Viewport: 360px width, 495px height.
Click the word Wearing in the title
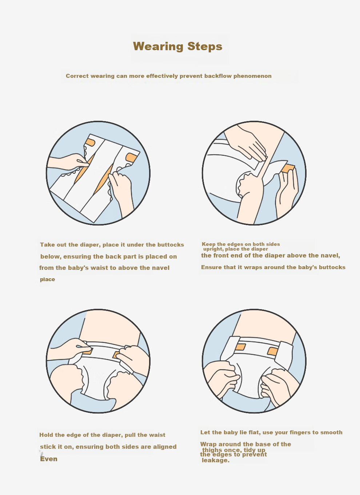[158, 47]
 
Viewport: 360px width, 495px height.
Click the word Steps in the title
[205, 46]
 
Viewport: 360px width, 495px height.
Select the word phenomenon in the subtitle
[252, 76]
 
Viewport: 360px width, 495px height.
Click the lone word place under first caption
[48, 279]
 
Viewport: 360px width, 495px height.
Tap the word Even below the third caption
[49, 459]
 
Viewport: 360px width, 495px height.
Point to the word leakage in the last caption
[216, 460]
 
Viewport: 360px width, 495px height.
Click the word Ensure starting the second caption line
[210, 267]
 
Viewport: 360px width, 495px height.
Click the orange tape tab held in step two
[288, 168]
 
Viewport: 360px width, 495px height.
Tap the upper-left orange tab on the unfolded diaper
[91, 143]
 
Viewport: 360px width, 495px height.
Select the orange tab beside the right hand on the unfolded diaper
[131, 158]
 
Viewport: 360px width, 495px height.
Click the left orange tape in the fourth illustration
[240, 347]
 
